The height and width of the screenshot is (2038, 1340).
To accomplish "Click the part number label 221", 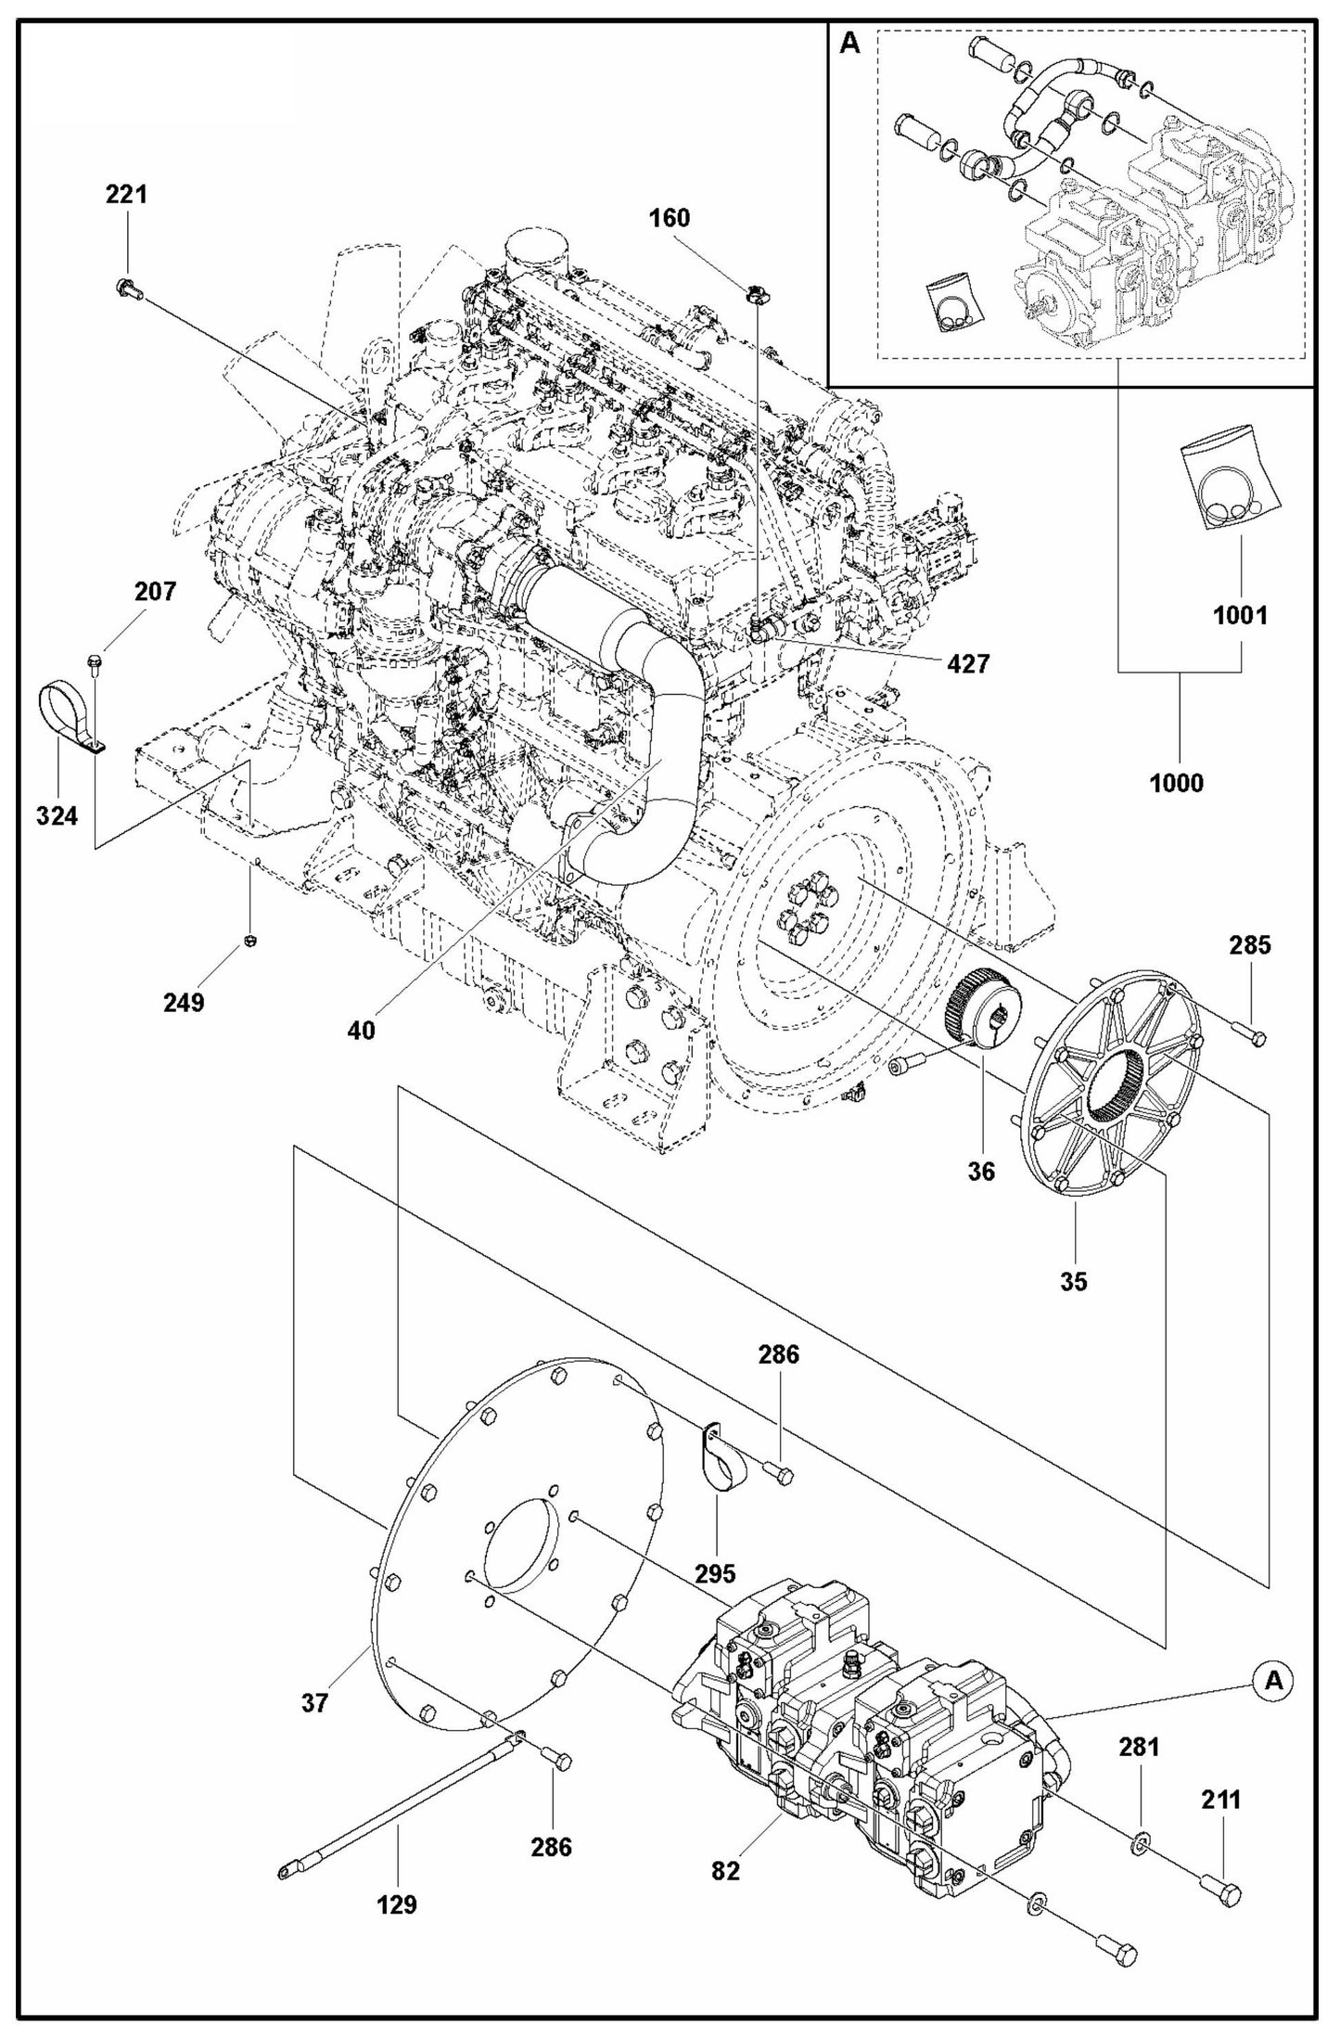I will tap(126, 195).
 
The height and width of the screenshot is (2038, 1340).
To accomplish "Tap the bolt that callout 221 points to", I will tap(129, 288).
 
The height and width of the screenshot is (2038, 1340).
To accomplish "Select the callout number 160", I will tap(669, 218).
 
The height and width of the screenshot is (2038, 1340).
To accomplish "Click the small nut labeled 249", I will tap(249, 942).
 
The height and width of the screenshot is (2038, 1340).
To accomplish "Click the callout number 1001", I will tap(1240, 615).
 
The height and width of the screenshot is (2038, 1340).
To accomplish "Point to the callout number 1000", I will tap(1177, 783).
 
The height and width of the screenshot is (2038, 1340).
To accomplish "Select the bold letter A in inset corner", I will tap(849, 44).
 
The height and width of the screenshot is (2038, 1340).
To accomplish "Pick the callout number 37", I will tap(315, 1703).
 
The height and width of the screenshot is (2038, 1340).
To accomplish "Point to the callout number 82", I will tap(725, 1871).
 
